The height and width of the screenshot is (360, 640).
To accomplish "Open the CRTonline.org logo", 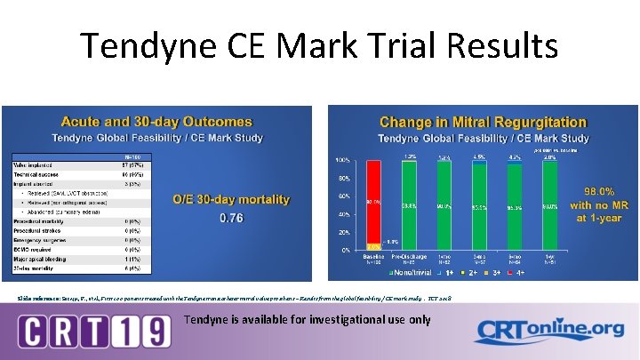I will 543,331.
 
